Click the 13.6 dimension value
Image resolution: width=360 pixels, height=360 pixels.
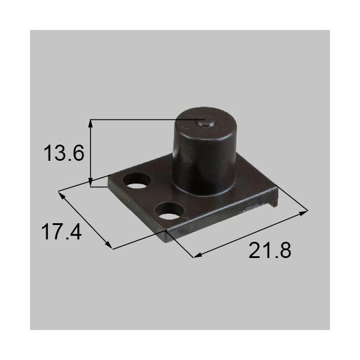pos(62,154)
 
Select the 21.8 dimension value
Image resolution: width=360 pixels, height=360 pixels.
pos(270,250)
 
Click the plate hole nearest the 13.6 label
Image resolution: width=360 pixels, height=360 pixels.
pos(137,181)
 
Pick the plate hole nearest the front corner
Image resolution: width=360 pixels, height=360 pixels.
pos(169,211)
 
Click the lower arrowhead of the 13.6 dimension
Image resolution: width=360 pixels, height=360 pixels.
pos(91,183)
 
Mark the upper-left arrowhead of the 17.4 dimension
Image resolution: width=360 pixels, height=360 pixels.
pos(61,194)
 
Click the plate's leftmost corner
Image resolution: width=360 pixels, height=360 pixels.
pos(109,178)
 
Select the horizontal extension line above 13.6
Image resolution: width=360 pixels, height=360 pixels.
pos(144,119)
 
